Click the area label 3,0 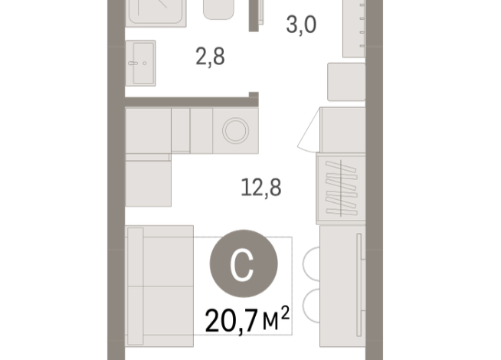point(301,25)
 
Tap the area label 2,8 point(210,57)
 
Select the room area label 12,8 point(261,188)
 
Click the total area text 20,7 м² point(247,320)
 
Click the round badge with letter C point(244,263)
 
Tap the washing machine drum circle point(235,130)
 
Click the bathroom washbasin point(141,64)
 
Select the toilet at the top point(218,10)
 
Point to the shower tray point(156,13)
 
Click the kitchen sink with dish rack point(341,188)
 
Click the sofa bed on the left point(159,286)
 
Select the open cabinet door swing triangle point(309,131)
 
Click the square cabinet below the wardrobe point(346,82)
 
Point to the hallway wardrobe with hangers point(354,29)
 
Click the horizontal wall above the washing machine point(192,102)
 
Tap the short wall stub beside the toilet point(254,15)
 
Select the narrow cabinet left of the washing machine point(181,131)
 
